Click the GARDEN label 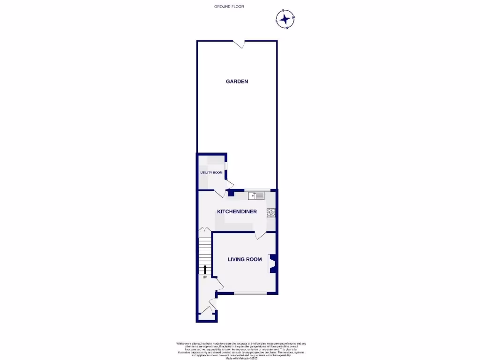pyautogui.click(x=237, y=82)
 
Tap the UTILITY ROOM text pyautogui.click(x=211, y=173)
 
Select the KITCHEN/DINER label pyautogui.click(x=237, y=212)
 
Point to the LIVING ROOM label pyautogui.click(x=245, y=259)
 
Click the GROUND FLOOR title pyautogui.click(x=229, y=7)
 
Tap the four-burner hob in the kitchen pyautogui.click(x=271, y=213)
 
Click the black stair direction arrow pyautogui.click(x=205, y=269)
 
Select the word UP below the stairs pyautogui.click(x=205, y=277)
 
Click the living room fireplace pyautogui.click(x=272, y=263)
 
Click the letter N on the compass pyautogui.click(x=286, y=28)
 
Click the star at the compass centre pyautogui.click(x=285, y=19)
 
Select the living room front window pyautogui.click(x=250, y=293)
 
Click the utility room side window pyautogui.click(x=226, y=167)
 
